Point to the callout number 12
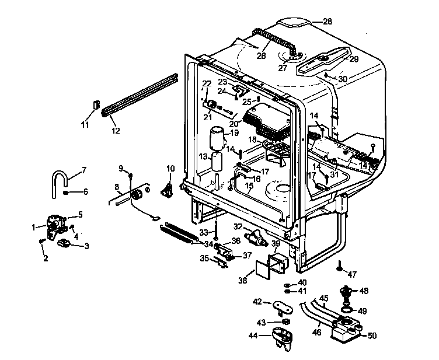tap(115, 131)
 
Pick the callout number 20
tap(234, 123)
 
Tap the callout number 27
tap(283, 68)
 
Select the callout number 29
tap(354, 60)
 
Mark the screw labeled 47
tap(339, 267)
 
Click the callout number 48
tap(364, 291)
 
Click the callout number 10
tap(170, 169)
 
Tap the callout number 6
tap(85, 191)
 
